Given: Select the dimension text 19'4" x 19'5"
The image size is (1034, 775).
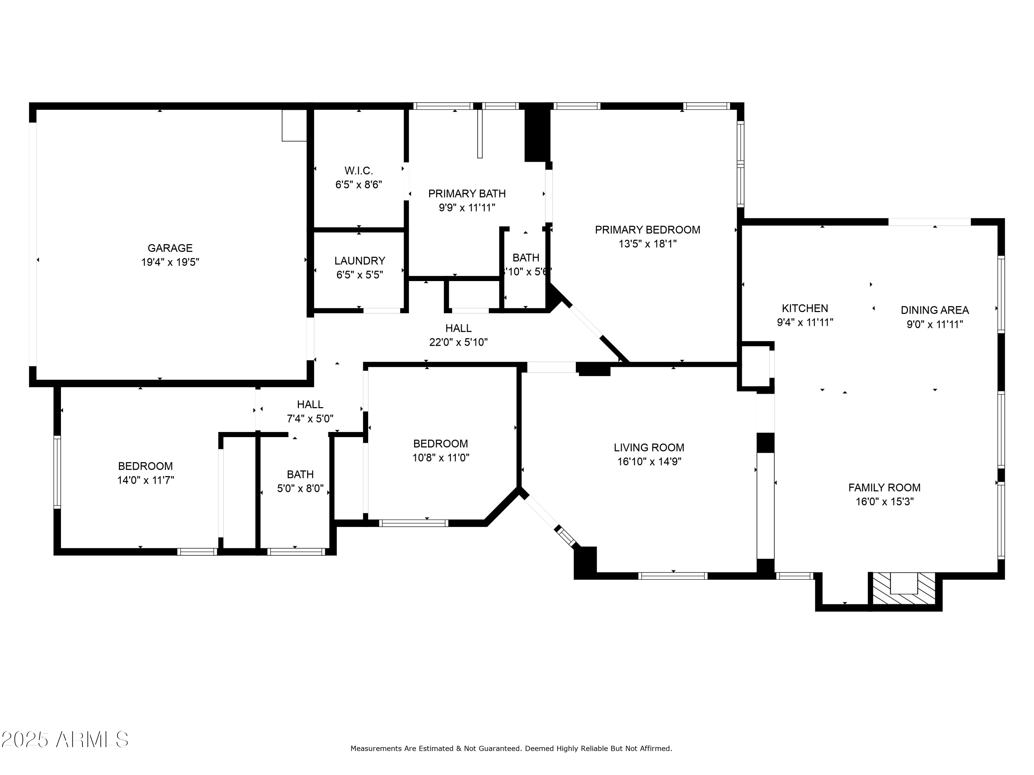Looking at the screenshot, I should (170, 262).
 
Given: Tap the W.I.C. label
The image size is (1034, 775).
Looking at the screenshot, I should (358, 170).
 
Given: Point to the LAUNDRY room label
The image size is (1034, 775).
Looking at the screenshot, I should (359, 261).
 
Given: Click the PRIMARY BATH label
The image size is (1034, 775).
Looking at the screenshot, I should (467, 193).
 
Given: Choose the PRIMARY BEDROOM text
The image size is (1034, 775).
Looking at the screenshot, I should (647, 230).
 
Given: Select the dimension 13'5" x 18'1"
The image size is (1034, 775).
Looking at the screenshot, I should (647, 244).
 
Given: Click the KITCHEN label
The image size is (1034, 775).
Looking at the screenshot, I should (804, 308).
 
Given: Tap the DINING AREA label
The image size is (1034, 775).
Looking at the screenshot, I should (934, 310).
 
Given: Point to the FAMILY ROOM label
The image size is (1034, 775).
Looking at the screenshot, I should (884, 488).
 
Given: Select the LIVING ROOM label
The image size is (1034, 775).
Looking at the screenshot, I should (649, 447).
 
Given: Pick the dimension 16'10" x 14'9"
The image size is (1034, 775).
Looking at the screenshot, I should (649, 462).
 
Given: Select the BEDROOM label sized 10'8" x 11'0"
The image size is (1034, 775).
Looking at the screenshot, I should (440, 444).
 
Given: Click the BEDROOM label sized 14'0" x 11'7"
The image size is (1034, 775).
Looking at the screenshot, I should (145, 466).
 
